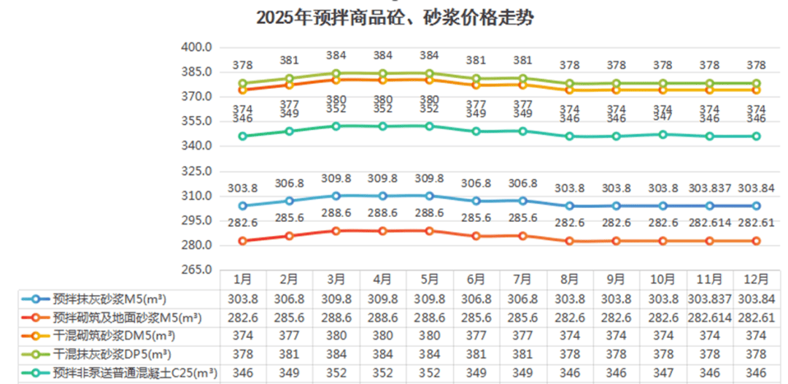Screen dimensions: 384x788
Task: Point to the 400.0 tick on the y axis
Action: click(x=196, y=47)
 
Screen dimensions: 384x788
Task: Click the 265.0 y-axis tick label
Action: click(x=196, y=270)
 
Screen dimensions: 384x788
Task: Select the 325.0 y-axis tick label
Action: click(x=196, y=172)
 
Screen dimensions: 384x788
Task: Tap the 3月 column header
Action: click(x=336, y=279)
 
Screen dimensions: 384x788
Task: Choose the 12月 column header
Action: click(x=756, y=279)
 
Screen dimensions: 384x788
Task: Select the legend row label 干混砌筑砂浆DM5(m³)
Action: click(x=115, y=336)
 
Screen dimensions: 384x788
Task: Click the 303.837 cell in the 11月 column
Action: click(x=709, y=299)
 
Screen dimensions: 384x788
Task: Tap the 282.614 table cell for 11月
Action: click(x=709, y=318)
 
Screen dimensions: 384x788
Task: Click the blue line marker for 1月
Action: click(x=243, y=206)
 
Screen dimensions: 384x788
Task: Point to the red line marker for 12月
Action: click(x=756, y=241)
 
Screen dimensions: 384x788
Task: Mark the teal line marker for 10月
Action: click(x=663, y=134)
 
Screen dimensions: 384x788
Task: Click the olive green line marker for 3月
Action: click(x=336, y=74)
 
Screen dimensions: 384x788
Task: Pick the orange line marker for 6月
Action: click(x=476, y=85)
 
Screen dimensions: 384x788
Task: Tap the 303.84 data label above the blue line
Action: click(x=756, y=188)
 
